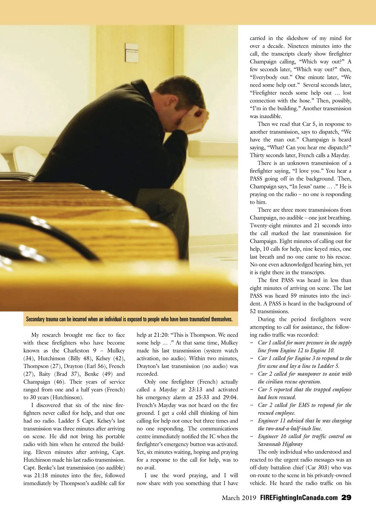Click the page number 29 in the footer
pyautogui.click(x=346, y=498)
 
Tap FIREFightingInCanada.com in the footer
pyautogui.click(x=299, y=498)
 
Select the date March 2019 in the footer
pyautogui.click(x=239, y=498)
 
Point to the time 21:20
pyautogui.click(x=160, y=335)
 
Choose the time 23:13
pyautogui.click(x=195, y=390)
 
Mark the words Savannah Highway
pyautogui.click(x=280, y=444)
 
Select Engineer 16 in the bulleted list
pyautogui.click(x=272, y=436)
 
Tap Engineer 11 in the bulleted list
pyautogui.click(x=272, y=421)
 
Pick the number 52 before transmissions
pyautogui.click(x=253, y=312)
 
